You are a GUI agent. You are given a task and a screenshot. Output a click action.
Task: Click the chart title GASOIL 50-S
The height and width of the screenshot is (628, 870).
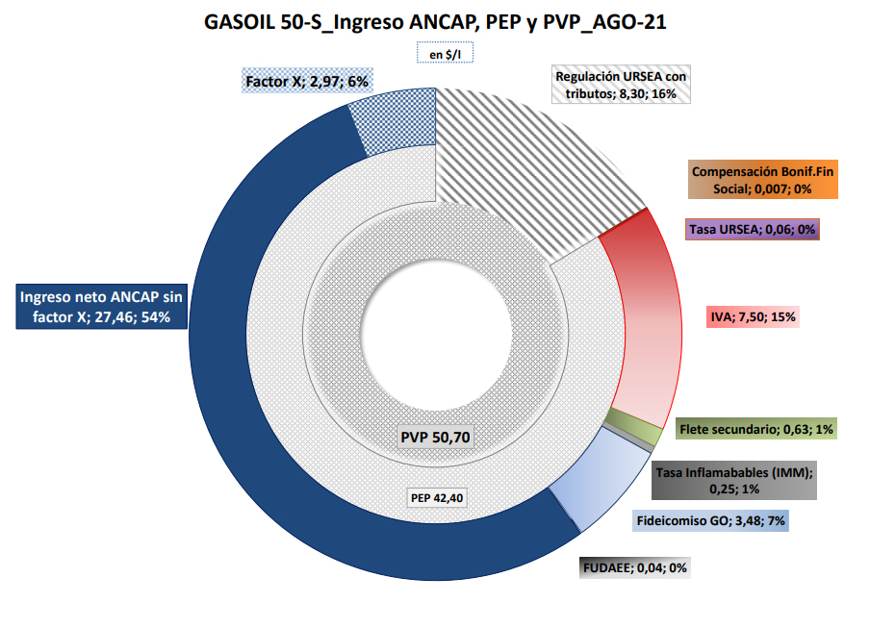point(435,21)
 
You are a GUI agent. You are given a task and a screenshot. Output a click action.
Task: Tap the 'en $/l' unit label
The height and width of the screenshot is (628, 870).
point(445,55)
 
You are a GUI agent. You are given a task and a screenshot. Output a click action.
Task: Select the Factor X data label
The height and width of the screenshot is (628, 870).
point(307,83)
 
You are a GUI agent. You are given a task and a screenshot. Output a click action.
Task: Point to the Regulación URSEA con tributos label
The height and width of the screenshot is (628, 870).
point(621,85)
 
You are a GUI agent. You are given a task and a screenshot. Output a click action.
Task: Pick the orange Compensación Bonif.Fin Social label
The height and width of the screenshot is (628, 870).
point(763,180)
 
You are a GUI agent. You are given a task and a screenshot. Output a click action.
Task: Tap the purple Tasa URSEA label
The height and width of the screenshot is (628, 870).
point(753,229)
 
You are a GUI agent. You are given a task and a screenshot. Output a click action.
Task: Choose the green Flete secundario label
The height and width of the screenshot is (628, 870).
point(755,429)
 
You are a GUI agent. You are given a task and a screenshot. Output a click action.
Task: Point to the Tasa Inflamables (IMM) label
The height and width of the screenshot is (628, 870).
point(734,480)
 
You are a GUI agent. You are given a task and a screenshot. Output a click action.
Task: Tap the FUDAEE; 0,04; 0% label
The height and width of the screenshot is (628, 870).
point(633,567)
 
